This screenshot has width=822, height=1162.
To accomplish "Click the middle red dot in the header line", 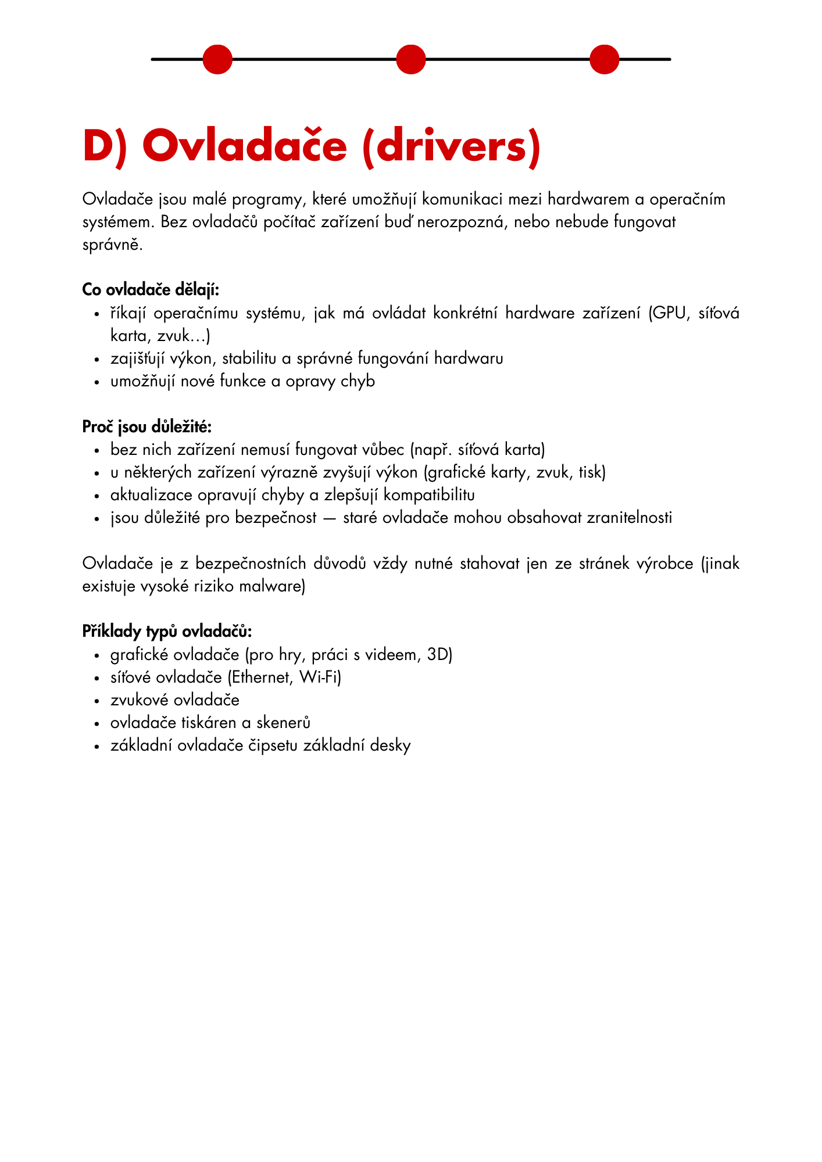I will pyautogui.click(x=410, y=59).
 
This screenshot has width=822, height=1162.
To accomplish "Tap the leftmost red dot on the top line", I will pyautogui.click(x=217, y=59).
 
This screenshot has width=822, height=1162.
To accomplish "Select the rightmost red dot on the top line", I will pyautogui.click(x=604, y=59).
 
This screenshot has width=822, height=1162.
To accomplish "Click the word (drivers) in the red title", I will pyautogui.click(x=451, y=146).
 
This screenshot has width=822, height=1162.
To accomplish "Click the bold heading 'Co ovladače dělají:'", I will pyautogui.click(x=151, y=289).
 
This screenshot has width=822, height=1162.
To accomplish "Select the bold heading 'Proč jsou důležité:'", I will pyautogui.click(x=146, y=426).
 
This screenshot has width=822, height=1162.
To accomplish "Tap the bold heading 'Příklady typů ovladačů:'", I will pyautogui.click(x=167, y=632).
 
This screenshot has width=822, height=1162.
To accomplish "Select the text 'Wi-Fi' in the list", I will pyautogui.click(x=319, y=677).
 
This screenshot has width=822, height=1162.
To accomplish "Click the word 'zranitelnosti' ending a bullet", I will pyautogui.click(x=629, y=518).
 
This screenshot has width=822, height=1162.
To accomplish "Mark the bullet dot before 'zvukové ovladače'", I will pyautogui.click(x=98, y=701).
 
